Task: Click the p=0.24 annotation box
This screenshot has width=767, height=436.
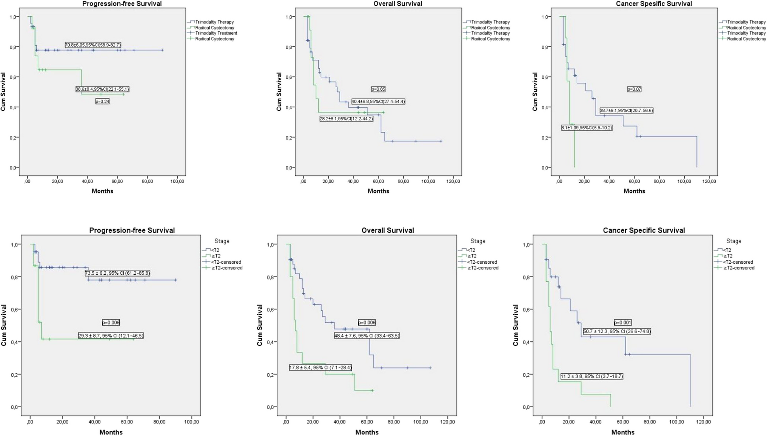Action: [x=102, y=101]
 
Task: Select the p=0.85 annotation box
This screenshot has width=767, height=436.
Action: [x=378, y=89]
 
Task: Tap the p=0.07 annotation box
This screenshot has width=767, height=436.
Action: [x=634, y=89]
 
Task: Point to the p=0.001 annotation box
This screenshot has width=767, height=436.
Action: [x=622, y=322]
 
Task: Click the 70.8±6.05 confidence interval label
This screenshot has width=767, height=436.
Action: [x=93, y=45]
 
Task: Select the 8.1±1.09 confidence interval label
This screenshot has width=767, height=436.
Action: [x=587, y=128]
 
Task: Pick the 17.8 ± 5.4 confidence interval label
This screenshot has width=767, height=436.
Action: [x=320, y=367]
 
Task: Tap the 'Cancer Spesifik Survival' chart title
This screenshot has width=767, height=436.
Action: [x=654, y=4]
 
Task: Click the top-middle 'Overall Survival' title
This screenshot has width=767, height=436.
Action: [x=397, y=4]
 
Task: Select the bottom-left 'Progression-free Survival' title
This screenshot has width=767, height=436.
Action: [x=132, y=230]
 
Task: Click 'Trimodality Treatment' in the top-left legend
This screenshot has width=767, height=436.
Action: [x=216, y=33]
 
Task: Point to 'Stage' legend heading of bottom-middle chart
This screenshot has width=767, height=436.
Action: [x=477, y=241]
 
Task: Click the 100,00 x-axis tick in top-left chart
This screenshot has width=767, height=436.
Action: [x=177, y=181]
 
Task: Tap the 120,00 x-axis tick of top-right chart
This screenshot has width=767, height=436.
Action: [x=709, y=181]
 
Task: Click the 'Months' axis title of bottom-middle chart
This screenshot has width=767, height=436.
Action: [x=367, y=432]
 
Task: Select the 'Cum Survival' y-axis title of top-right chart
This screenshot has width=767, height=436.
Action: [x=535, y=92]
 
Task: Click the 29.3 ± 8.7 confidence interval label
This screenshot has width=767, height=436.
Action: [x=111, y=336]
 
